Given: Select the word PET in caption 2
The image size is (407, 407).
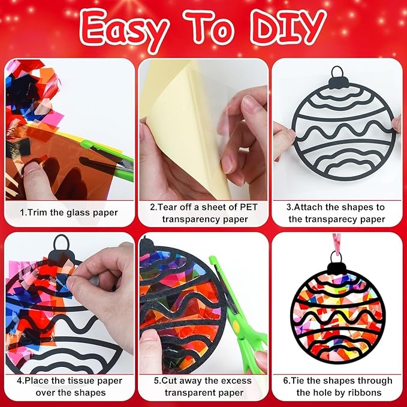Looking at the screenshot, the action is click(x=248, y=207).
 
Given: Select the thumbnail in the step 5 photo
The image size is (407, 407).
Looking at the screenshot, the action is click(x=149, y=338).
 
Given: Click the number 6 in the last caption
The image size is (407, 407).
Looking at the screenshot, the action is click(x=286, y=381).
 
